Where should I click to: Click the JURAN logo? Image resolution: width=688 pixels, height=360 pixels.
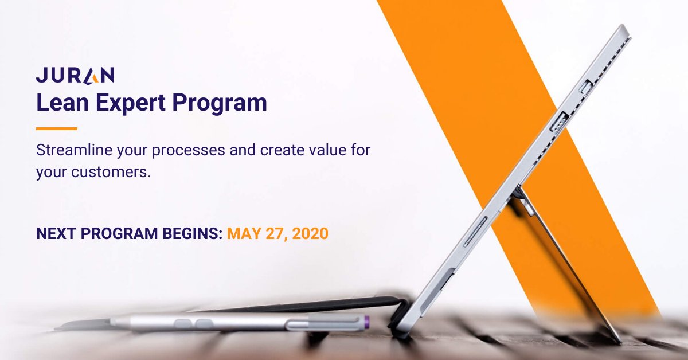click(75, 75)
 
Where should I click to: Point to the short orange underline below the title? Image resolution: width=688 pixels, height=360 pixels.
click(56, 128)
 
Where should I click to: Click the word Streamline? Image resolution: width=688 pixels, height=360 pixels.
click(71, 151)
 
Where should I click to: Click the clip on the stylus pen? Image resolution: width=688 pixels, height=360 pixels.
click(321, 325)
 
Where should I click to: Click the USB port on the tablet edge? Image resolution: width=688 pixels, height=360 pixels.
click(559, 123)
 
